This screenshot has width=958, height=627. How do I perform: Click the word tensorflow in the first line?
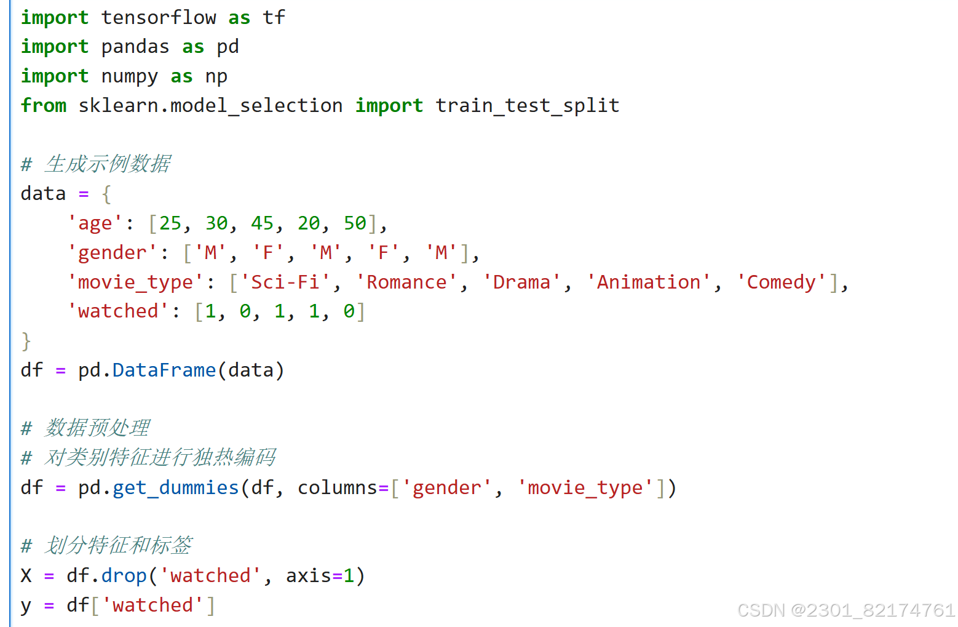click(158, 17)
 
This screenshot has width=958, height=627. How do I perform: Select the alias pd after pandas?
click(228, 47)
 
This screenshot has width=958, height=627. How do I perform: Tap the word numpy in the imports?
click(129, 76)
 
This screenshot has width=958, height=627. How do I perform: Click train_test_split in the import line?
click(527, 106)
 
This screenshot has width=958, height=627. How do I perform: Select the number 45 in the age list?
click(263, 223)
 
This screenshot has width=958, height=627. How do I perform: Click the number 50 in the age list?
click(355, 223)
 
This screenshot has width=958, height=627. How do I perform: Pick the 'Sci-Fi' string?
click(285, 282)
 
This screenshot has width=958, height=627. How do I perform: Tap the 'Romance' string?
click(406, 282)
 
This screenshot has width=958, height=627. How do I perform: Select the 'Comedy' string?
click(781, 282)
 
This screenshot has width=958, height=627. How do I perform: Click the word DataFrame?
click(164, 370)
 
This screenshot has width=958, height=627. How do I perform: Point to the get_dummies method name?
click(175, 488)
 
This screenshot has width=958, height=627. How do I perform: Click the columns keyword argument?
click(337, 488)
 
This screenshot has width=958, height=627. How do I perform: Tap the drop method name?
click(124, 576)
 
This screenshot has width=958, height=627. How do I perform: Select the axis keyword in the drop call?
click(309, 576)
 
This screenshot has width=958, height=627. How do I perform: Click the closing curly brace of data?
click(26, 341)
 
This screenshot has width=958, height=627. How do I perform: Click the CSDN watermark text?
click(845, 610)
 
